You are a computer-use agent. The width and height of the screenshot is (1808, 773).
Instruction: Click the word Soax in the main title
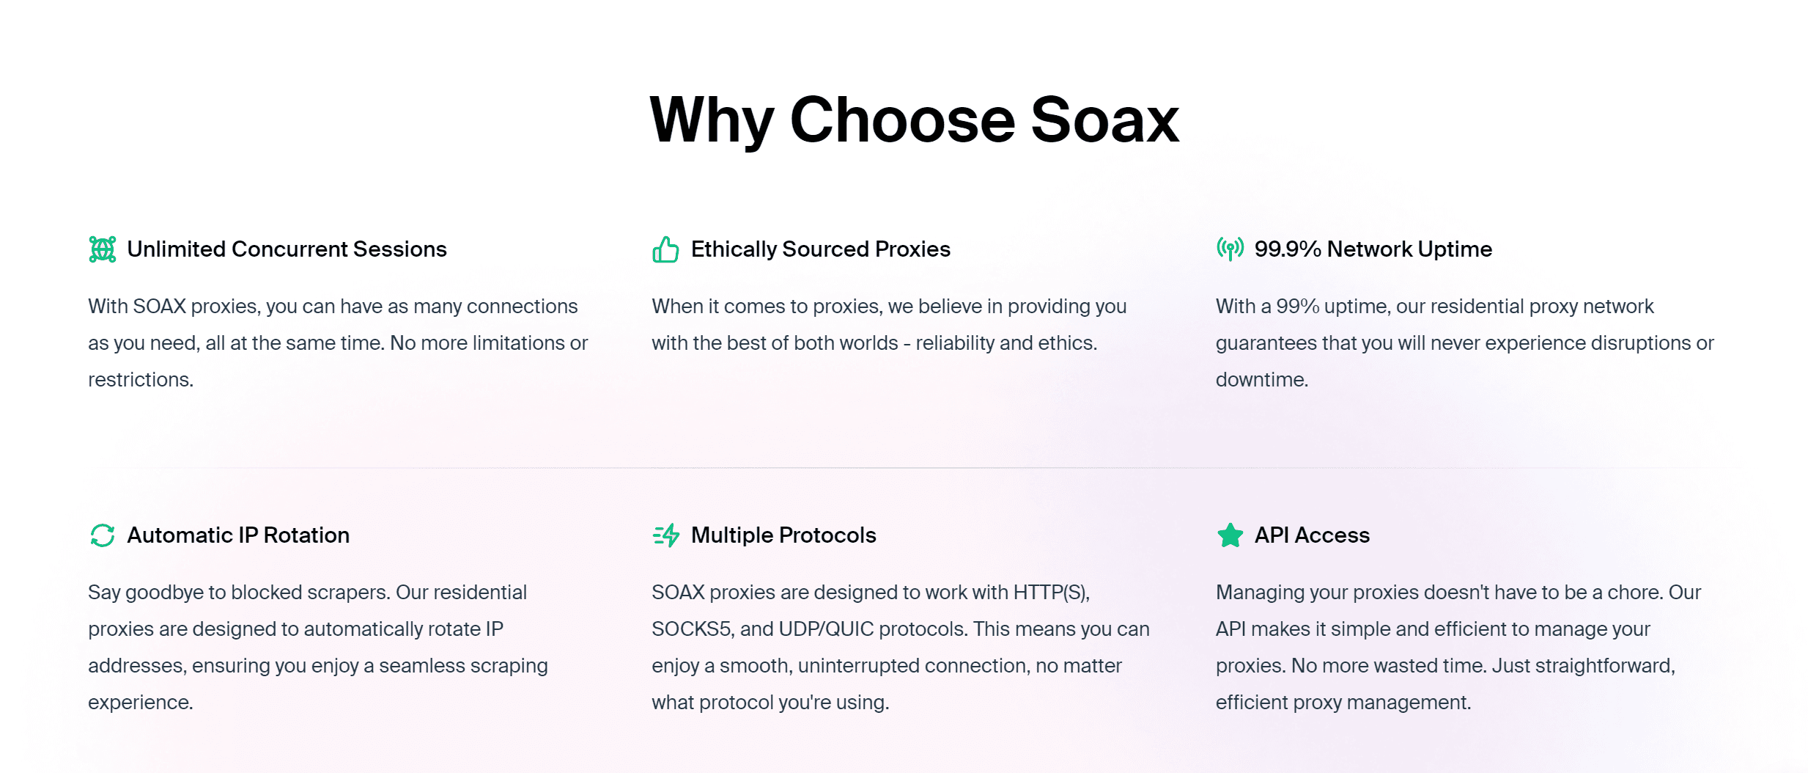point(1104,120)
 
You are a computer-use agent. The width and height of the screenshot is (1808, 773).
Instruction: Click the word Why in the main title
point(711,120)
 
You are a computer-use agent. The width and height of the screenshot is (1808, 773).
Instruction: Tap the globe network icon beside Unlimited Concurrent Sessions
point(103,249)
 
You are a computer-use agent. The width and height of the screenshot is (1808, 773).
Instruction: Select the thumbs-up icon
point(665,249)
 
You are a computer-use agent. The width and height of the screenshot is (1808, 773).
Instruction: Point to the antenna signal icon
point(1230,249)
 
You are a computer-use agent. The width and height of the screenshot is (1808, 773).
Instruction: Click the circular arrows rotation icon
point(103,535)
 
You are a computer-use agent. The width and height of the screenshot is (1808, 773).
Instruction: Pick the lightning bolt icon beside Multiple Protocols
point(666,535)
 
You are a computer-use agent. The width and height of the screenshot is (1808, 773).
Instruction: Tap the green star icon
point(1230,535)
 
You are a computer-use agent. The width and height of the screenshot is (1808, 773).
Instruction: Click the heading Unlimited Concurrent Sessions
point(287,249)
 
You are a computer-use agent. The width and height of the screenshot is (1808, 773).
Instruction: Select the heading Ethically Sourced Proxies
point(820,249)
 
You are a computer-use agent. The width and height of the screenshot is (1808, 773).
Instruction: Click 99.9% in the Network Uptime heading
point(1287,249)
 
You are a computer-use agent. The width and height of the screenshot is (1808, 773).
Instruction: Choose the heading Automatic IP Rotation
point(238,535)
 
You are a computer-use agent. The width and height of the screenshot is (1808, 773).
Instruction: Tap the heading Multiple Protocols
point(783,535)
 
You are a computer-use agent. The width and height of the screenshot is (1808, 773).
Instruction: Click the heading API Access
point(1312,535)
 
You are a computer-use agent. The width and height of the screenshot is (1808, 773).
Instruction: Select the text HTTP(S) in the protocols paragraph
point(1051,593)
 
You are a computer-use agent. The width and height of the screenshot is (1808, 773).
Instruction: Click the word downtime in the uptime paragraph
point(1261,380)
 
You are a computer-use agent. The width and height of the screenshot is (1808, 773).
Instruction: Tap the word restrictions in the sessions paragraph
point(140,380)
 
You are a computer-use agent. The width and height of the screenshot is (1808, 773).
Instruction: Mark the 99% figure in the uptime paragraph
point(1297,307)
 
